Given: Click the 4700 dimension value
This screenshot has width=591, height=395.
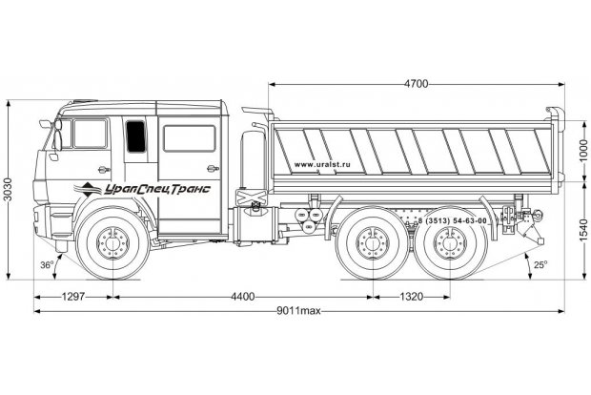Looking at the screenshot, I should point(415,84).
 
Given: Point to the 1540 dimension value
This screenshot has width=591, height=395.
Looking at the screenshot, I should point(582,229).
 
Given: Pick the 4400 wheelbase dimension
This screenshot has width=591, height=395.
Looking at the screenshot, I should point(242,297).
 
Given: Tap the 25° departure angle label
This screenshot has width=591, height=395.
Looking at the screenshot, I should point(540,264).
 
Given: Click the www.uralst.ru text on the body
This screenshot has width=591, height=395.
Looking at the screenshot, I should point(322,164).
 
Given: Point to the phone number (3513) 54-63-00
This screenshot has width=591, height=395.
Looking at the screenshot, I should point(455,220).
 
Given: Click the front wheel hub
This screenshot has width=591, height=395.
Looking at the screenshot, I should point(112,244).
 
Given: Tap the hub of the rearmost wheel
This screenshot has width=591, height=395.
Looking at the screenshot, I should point(449,245).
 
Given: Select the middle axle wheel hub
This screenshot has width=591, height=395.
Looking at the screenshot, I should point(370,245).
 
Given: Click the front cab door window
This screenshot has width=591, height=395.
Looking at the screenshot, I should point(91,135).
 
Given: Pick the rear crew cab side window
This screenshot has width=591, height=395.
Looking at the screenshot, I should point(189,138).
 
